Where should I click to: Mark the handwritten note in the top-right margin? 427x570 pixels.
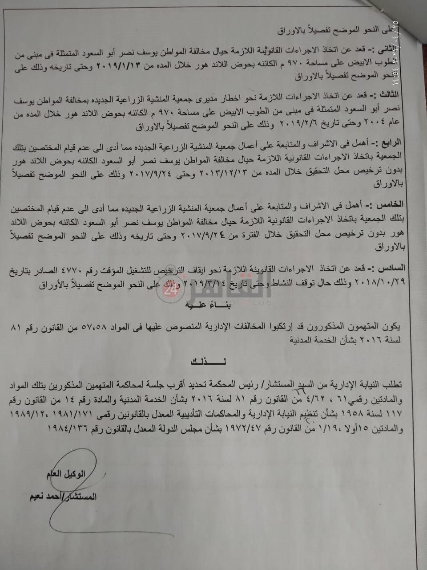point(418,45)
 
